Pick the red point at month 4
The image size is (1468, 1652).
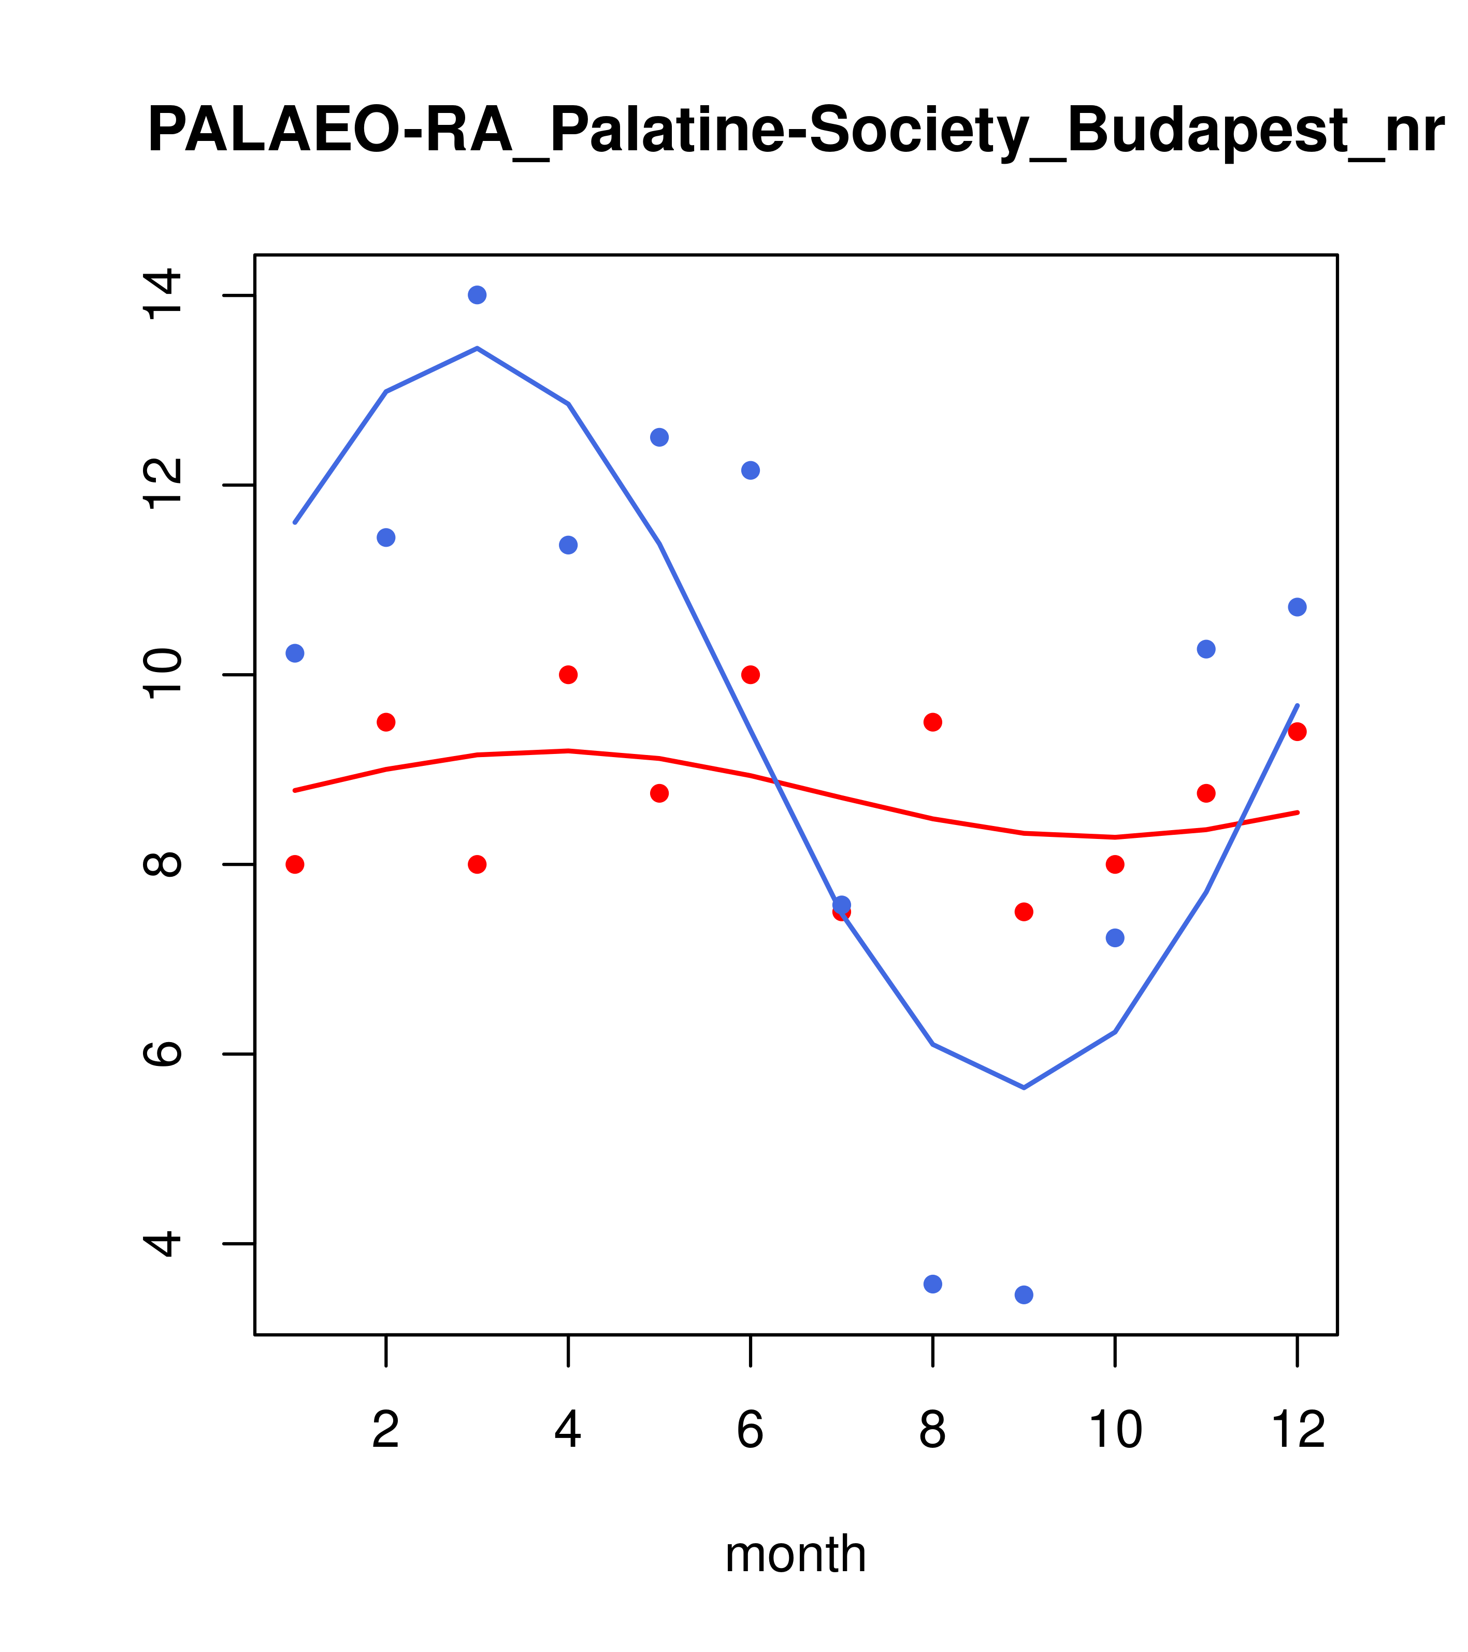pos(569,675)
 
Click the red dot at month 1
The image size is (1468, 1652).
pos(296,865)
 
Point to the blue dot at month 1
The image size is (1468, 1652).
pos(296,653)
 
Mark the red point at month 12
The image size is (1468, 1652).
pos(1298,732)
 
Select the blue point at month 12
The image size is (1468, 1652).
pos(1298,607)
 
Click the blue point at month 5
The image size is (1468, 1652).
pos(660,437)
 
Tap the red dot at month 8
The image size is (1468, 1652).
pos(933,722)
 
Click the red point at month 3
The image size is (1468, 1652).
pos(478,865)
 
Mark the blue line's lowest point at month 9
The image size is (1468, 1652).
pos(1025,1088)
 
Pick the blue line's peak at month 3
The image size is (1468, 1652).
pos(478,348)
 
